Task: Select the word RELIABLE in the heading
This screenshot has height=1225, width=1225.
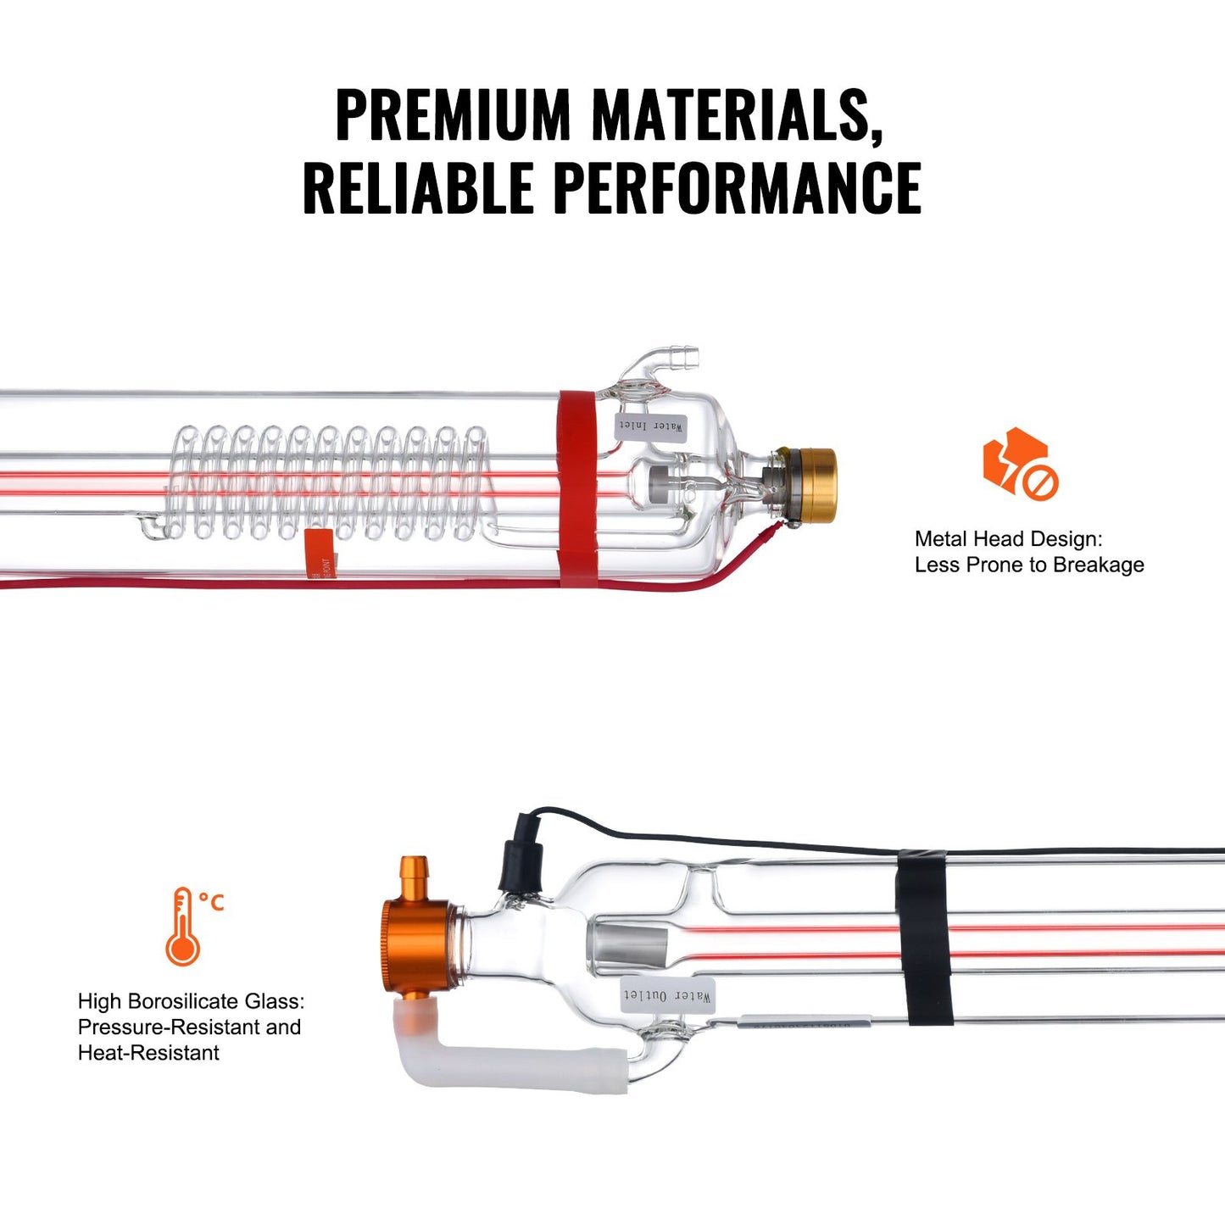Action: (x=418, y=187)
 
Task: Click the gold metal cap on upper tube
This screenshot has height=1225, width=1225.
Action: (x=814, y=485)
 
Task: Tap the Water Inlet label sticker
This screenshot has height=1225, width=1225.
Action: (x=650, y=426)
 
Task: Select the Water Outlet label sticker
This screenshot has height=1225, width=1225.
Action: (x=667, y=995)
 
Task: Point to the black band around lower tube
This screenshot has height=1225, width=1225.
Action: (x=924, y=936)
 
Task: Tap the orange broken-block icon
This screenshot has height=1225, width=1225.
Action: (x=1018, y=464)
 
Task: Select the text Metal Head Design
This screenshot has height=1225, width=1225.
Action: (x=1008, y=539)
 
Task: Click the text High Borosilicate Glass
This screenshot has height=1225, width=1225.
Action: (x=191, y=1001)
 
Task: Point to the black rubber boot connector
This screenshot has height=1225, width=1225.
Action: (x=521, y=856)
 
